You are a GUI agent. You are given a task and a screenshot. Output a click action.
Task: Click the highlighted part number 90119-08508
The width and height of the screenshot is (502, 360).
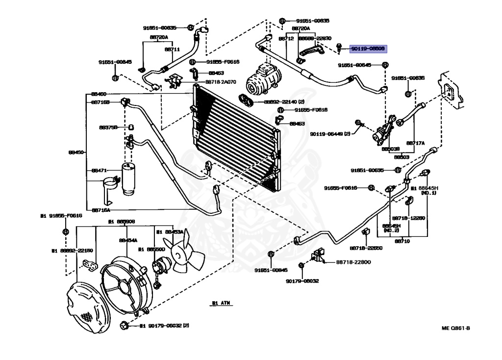pos(368,49)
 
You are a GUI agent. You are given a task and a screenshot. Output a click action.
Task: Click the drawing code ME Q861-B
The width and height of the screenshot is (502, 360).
pos(456,328)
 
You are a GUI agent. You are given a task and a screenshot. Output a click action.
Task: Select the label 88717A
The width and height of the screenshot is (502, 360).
pos(415,143)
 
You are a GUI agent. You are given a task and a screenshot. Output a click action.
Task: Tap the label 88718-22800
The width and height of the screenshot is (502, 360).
pos(353,263)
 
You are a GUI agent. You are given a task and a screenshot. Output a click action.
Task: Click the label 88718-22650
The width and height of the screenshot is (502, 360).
pos(366,248)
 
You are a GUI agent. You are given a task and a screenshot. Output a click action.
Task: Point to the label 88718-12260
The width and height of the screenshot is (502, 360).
pos(408,217)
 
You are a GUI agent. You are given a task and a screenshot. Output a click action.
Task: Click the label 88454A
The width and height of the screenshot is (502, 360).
pos(128,240)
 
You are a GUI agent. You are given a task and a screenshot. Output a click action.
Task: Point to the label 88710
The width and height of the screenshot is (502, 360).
pos(402,241)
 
